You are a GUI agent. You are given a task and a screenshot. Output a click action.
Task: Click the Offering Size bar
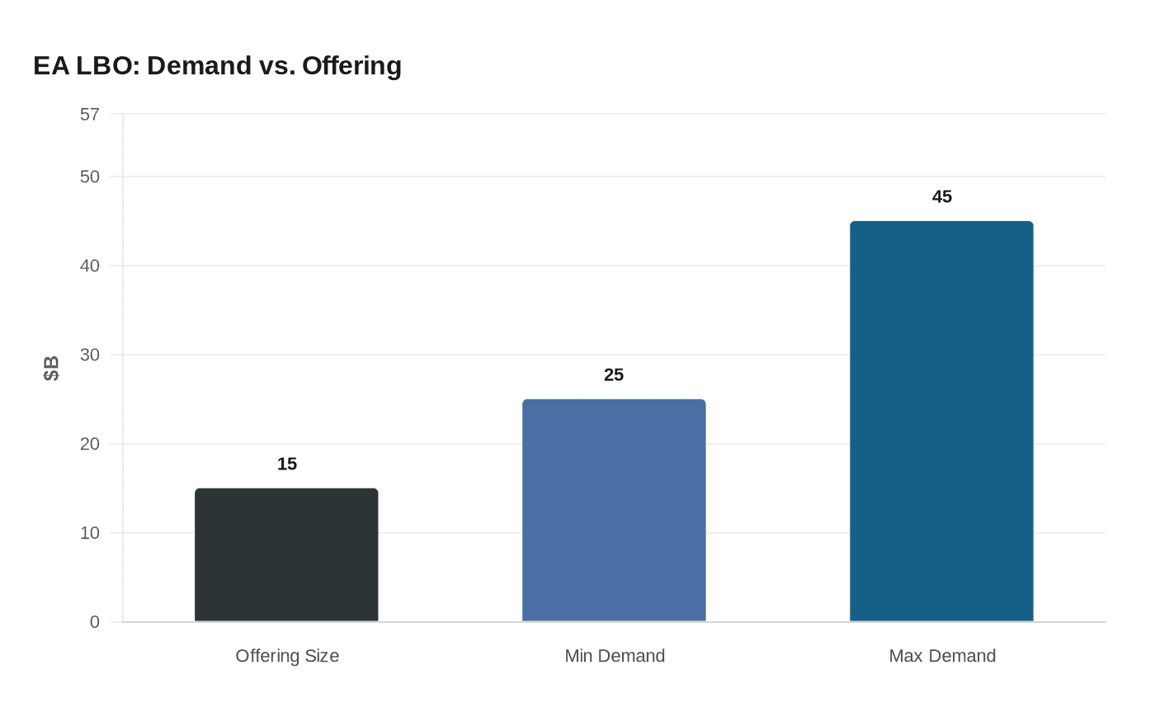click(x=286, y=555)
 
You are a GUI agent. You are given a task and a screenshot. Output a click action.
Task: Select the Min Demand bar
click(x=614, y=511)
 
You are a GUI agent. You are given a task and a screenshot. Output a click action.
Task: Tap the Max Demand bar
click(x=941, y=422)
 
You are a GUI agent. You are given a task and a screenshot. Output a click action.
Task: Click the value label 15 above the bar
click(x=287, y=464)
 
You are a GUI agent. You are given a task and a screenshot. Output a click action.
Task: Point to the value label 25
click(x=614, y=375)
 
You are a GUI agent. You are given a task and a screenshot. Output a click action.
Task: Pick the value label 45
click(x=941, y=196)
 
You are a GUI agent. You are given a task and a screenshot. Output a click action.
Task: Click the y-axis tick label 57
click(x=89, y=115)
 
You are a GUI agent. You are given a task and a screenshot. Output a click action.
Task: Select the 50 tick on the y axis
click(x=89, y=177)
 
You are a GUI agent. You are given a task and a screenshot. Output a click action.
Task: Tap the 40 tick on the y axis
click(x=89, y=266)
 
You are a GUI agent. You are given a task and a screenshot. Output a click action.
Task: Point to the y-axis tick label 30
click(x=89, y=355)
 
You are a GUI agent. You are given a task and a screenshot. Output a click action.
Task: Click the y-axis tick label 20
click(x=89, y=444)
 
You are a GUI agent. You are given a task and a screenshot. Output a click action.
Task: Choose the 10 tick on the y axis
click(x=89, y=533)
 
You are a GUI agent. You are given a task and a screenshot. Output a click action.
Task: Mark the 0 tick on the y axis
click(x=94, y=622)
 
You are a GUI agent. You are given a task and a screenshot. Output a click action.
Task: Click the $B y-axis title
click(x=51, y=368)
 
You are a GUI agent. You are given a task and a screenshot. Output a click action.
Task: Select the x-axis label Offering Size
click(x=287, y=656)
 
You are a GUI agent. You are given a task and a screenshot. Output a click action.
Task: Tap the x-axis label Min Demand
click(x=615, y=656)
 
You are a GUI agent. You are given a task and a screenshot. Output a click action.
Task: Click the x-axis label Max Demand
click(x=942, y=656)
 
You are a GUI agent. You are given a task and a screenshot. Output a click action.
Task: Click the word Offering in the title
click(x=351, y=65)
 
